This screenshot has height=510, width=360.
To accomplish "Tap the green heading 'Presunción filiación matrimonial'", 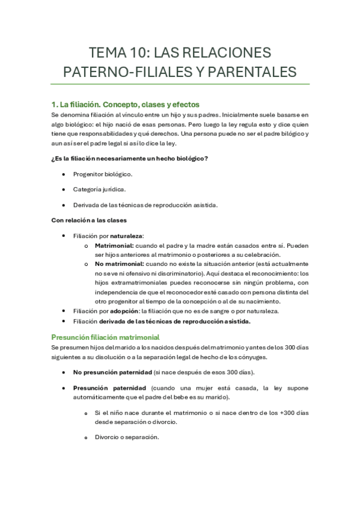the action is click(105, 337).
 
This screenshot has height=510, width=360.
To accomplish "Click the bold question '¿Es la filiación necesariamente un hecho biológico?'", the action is click(130, 159).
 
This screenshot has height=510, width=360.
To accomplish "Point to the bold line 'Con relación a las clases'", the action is click(89, 220).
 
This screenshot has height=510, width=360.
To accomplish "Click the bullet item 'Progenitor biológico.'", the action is click(103, 174).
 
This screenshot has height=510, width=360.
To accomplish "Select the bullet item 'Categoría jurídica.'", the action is click(99, 189).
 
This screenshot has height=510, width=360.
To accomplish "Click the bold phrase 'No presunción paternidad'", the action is click(112, 373).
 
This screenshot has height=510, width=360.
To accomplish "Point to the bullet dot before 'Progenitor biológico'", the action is click(64, 174).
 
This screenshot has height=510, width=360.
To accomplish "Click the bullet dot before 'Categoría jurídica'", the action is click(64, 190).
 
